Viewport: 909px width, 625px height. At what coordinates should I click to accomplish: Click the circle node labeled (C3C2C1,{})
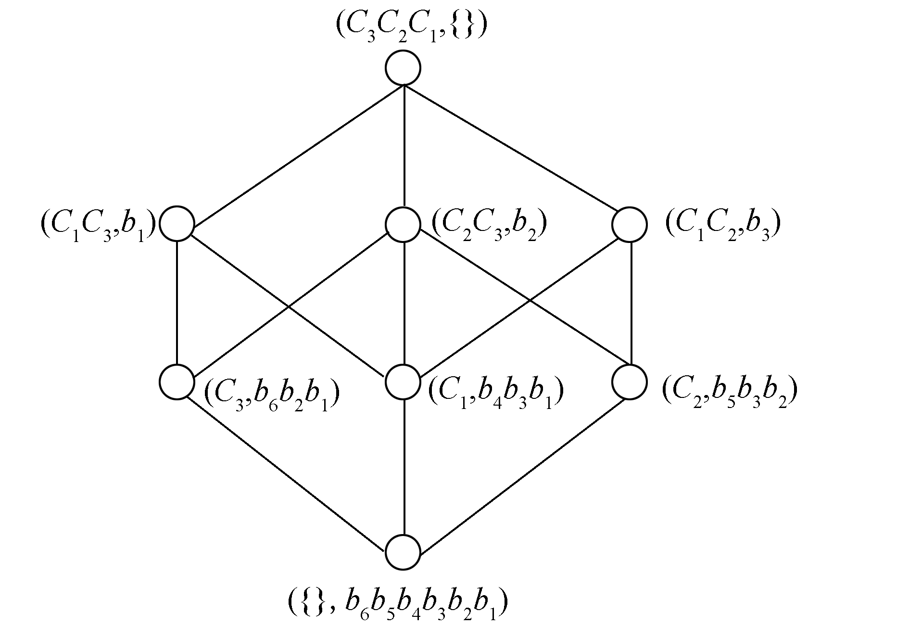tap(404, 68)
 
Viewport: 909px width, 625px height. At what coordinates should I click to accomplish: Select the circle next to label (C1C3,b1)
tap(177, 224)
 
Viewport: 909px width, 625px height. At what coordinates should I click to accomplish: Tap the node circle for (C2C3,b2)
tap(404, 224)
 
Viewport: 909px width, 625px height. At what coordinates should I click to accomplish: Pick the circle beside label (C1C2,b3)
tap(630, 224)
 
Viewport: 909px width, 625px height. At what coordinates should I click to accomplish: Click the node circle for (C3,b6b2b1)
tap(177, 382)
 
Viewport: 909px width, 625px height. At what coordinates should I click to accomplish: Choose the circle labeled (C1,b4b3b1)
tap(404, 382)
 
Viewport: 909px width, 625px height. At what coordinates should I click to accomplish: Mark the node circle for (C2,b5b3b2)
tap(630, 382)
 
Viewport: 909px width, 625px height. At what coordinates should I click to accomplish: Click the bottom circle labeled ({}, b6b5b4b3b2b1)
tap(404, 552)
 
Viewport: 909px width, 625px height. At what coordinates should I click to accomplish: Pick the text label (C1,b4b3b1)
tap(496, 396)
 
